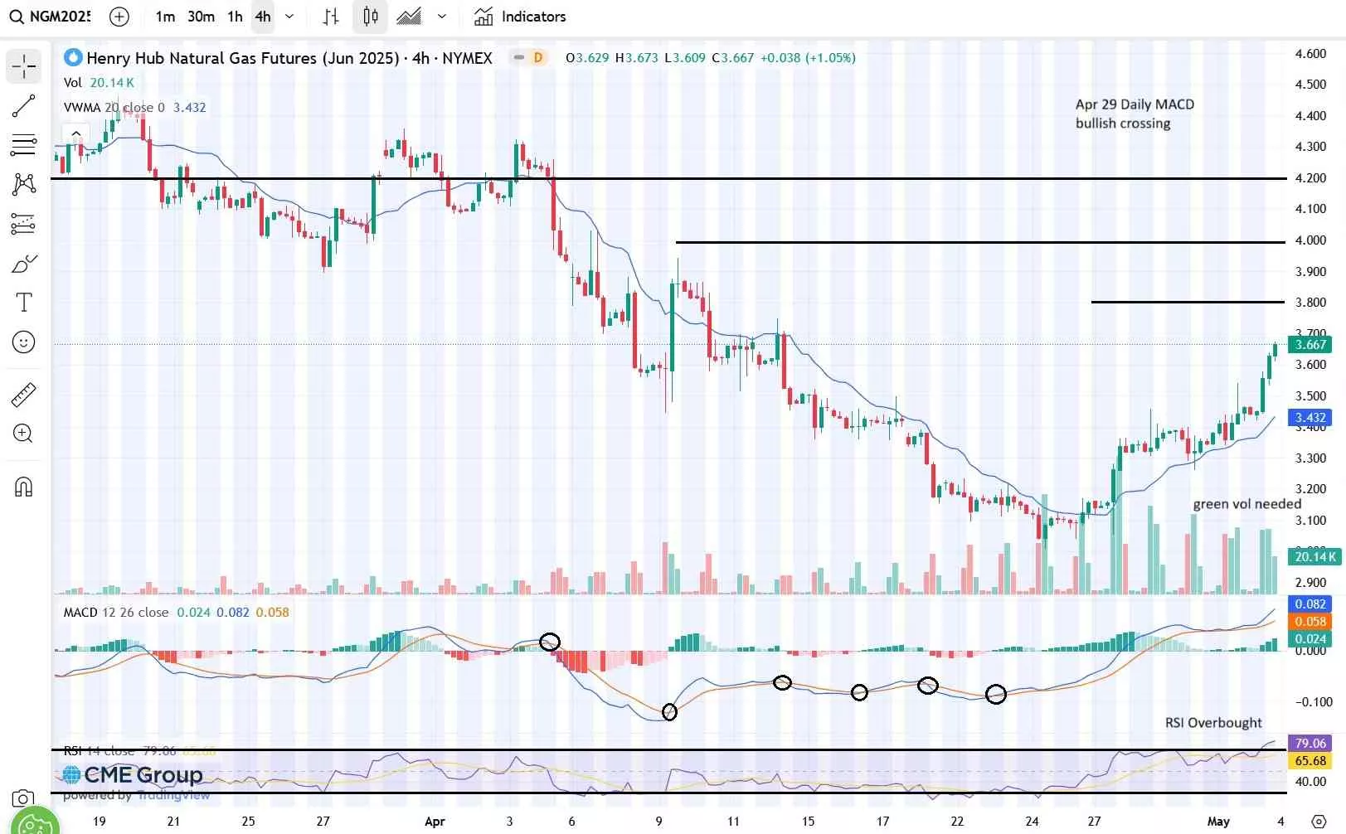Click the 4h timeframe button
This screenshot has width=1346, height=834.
[263, 17]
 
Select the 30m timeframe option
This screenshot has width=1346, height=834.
[201, 17]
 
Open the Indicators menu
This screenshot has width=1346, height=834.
[520, 17]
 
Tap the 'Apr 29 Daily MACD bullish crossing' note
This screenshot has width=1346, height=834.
[1135, 114]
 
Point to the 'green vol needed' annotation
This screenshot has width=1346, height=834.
[1246, 504]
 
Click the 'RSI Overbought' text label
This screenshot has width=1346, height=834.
[1213, 723]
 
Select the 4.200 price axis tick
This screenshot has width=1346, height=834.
[1310, 178]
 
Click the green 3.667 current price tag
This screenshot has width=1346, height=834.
[1310, 345]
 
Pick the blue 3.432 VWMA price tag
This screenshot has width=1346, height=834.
[1310, 418]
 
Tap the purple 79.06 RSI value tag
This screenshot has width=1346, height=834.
[1310, 744]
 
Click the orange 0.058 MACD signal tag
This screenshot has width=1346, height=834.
[1310, 622]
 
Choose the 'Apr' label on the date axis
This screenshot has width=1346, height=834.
[435, 822]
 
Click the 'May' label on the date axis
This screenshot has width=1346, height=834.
[1218, 822]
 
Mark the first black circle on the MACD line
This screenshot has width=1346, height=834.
[550, 642]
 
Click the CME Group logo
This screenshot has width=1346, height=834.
[133, 775]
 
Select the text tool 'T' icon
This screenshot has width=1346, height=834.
[24, 303]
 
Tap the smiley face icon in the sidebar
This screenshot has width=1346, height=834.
[24, 342]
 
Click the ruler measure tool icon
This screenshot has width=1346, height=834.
[24, 395]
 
